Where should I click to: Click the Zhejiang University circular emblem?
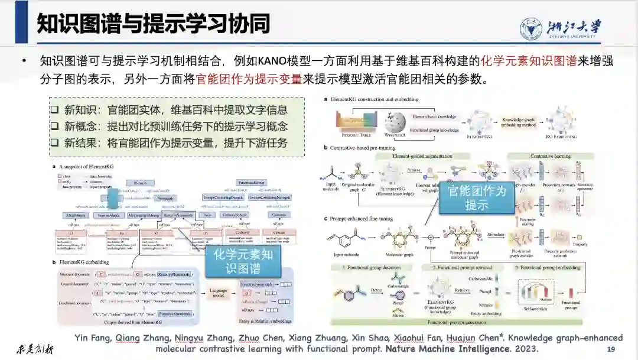[530, 27]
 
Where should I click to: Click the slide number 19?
[611, 349]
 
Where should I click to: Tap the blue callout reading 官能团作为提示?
[477, 197]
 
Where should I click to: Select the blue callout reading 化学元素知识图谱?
[243, 261]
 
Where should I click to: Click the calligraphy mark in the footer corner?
[34, 349]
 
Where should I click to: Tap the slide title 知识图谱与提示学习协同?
[153, 24]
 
